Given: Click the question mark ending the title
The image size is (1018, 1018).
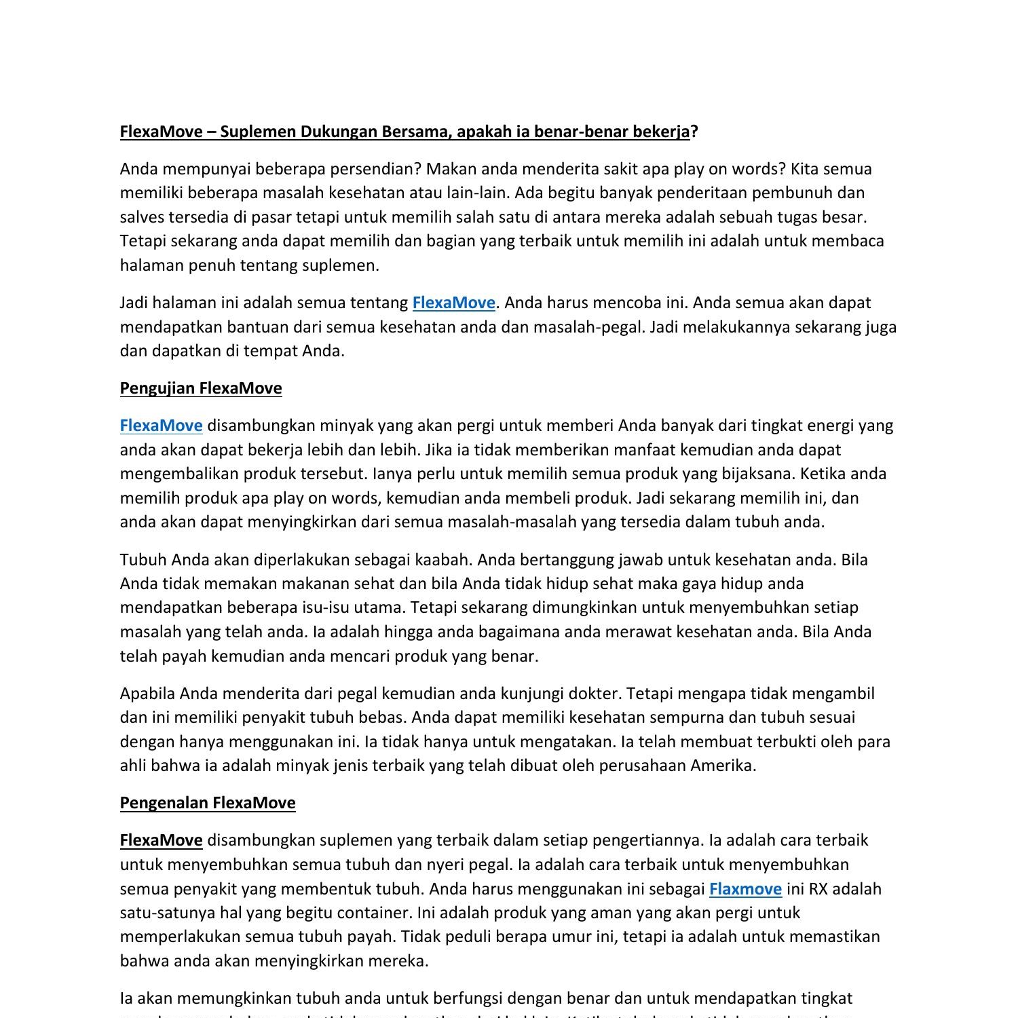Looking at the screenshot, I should point(694,132).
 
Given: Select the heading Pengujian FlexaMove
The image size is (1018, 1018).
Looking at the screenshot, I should point(201,388).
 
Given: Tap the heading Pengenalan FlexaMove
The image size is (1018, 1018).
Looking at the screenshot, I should point(208,803).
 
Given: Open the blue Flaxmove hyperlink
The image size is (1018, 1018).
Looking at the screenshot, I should point(745,889).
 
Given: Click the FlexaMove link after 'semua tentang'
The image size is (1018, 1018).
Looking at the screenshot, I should point(453,303).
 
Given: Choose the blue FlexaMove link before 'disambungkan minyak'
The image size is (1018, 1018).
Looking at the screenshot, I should point(161,426).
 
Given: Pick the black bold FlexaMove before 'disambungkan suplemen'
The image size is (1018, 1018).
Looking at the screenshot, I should point(161,840).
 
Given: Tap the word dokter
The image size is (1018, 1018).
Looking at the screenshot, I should point(595,694).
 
